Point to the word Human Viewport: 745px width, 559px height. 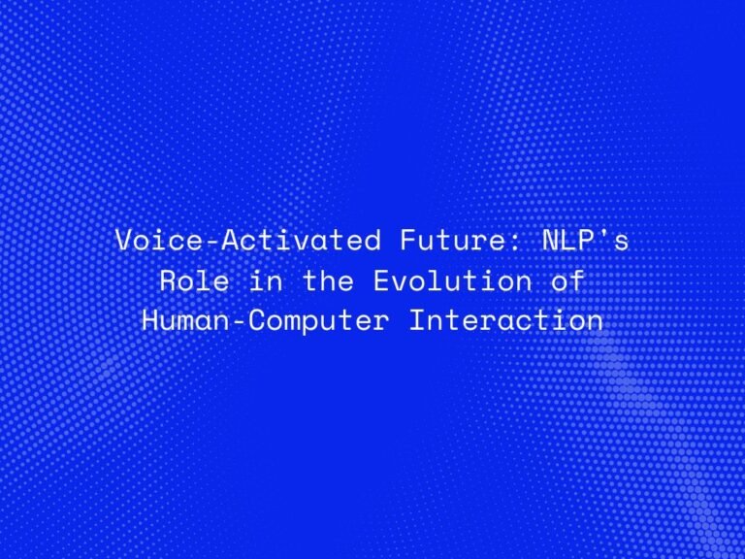(x=178, y=320)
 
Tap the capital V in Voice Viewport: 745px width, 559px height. (x=122, y=241)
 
